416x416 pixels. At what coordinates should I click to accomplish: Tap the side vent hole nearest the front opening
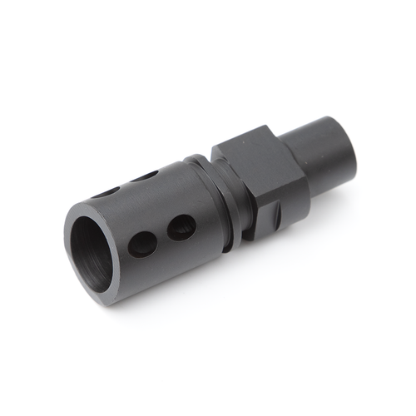[142, 244]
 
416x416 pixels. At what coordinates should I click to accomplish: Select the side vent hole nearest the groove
[181, 226]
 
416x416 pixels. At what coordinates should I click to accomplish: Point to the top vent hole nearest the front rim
[106, 192]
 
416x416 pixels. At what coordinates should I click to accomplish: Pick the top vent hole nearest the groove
[146, 176]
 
